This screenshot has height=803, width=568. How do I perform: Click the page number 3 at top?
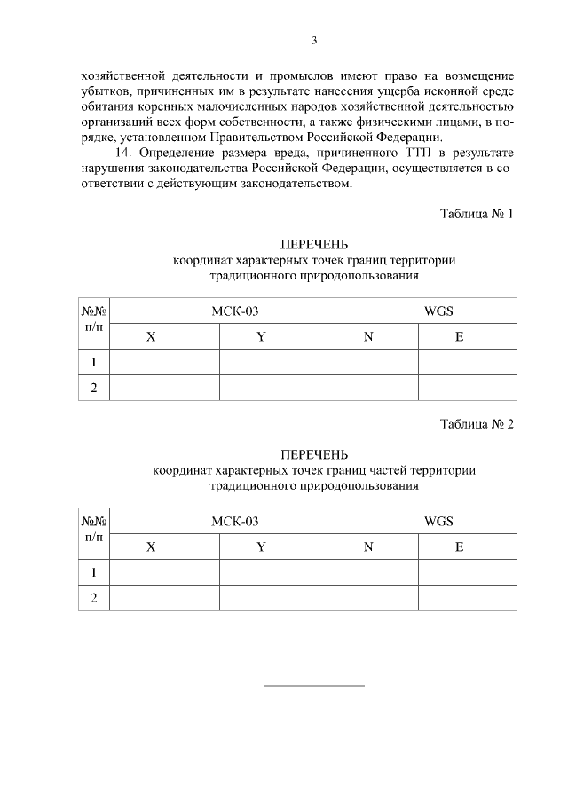click(314, 40)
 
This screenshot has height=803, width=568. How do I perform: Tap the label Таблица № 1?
click(477, 215)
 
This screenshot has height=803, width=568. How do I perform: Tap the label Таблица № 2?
click(477, 424)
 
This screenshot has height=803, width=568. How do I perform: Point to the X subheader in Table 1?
click(151, 337)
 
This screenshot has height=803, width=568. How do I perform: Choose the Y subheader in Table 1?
click(261, 337)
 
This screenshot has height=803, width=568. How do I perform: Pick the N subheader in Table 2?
click(368, 547)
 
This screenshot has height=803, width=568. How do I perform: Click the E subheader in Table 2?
click(459, 547)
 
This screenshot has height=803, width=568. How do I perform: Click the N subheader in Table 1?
click(368, 337)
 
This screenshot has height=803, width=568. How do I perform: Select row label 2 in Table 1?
click(93, 388)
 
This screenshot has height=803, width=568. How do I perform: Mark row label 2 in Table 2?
click(93, 598)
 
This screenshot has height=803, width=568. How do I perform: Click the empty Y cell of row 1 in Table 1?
click(272, 363)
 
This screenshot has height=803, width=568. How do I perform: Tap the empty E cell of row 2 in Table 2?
click(467, 598)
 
